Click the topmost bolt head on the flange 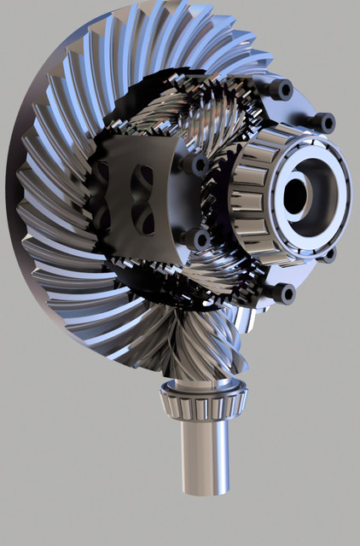(x=279, y=90)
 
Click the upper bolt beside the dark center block (x=198, y=164)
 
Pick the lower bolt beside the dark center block (x=199, y=240)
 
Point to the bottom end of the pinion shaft (x=206, y=486)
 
